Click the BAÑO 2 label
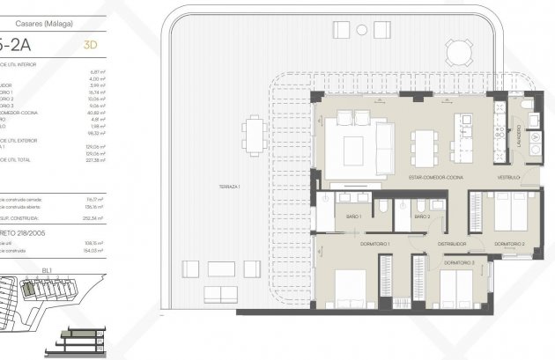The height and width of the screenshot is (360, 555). coord(424,217)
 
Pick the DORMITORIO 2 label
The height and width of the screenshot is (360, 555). coord(510,243)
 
